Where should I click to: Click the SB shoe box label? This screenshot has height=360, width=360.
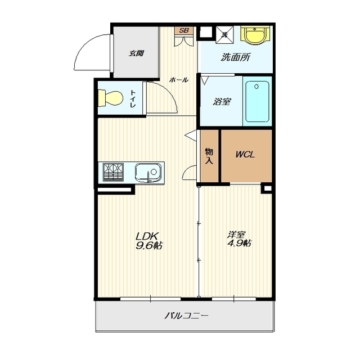(184, 30)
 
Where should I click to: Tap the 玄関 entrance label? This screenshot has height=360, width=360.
(136, 53)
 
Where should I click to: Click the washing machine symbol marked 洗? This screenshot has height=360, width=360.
(224, 35)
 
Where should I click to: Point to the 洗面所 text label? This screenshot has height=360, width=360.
(236, 57)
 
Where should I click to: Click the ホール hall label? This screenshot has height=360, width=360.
(179, 80)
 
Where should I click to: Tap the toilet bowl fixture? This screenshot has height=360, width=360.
(110, 98)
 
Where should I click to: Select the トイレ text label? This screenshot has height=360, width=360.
(133, 99)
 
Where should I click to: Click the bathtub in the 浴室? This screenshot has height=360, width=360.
(257, 102)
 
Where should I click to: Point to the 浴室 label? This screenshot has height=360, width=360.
(222, 102)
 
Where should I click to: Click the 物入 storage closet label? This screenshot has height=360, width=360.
(209, 156)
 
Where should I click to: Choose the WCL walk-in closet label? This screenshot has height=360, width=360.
(245, 155)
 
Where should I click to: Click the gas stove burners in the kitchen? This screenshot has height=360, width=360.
(113, 172)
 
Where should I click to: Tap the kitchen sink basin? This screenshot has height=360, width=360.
(148, 173)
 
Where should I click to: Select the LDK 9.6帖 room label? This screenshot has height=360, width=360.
(149, 241)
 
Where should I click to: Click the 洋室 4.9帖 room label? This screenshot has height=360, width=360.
(238, 239)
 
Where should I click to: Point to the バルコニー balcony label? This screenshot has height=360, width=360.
(186, 316)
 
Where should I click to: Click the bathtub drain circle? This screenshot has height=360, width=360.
(256, 87)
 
